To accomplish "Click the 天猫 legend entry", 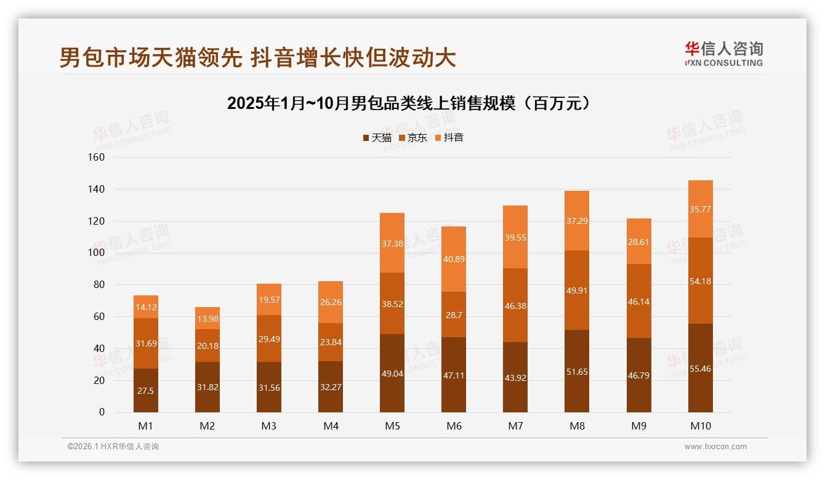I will (377, 138).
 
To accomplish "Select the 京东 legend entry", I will (413, 138).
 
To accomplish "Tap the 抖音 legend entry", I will (449, 138).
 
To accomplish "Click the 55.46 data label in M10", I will (700, 369).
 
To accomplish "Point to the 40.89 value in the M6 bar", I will (454, 259).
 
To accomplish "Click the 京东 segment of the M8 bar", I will (577, 290).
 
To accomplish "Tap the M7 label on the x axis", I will (515, 426).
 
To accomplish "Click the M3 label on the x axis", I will (269, 426).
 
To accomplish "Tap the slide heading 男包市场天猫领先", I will (257, 58).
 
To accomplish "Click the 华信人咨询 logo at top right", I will (723, 54).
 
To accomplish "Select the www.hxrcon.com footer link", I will (715, 447).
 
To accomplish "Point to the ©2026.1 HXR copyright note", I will (113, 447).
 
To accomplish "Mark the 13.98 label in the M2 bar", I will (207, 319).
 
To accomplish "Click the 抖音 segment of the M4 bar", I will (331, 302).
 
